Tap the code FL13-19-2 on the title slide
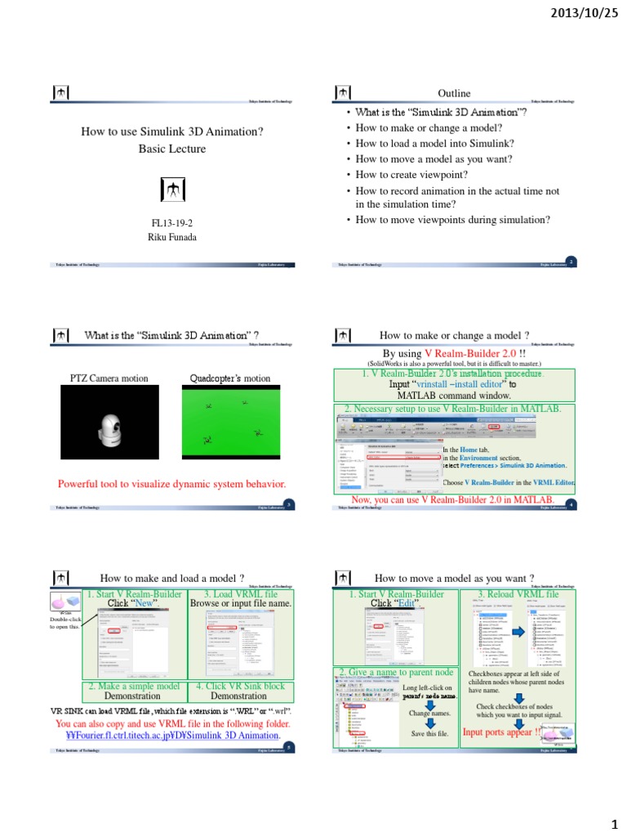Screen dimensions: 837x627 (x=171, y=222)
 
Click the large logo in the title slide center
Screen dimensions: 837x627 (x=171, y=189)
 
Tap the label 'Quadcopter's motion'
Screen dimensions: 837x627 (x=229, y=378)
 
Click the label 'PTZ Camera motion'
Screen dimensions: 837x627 (x=108, y=378)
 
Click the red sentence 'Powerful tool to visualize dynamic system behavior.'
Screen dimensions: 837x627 (x=171, y=484)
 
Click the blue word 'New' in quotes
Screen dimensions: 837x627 (x=145, y=602)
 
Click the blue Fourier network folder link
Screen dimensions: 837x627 (x=171, y=735)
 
